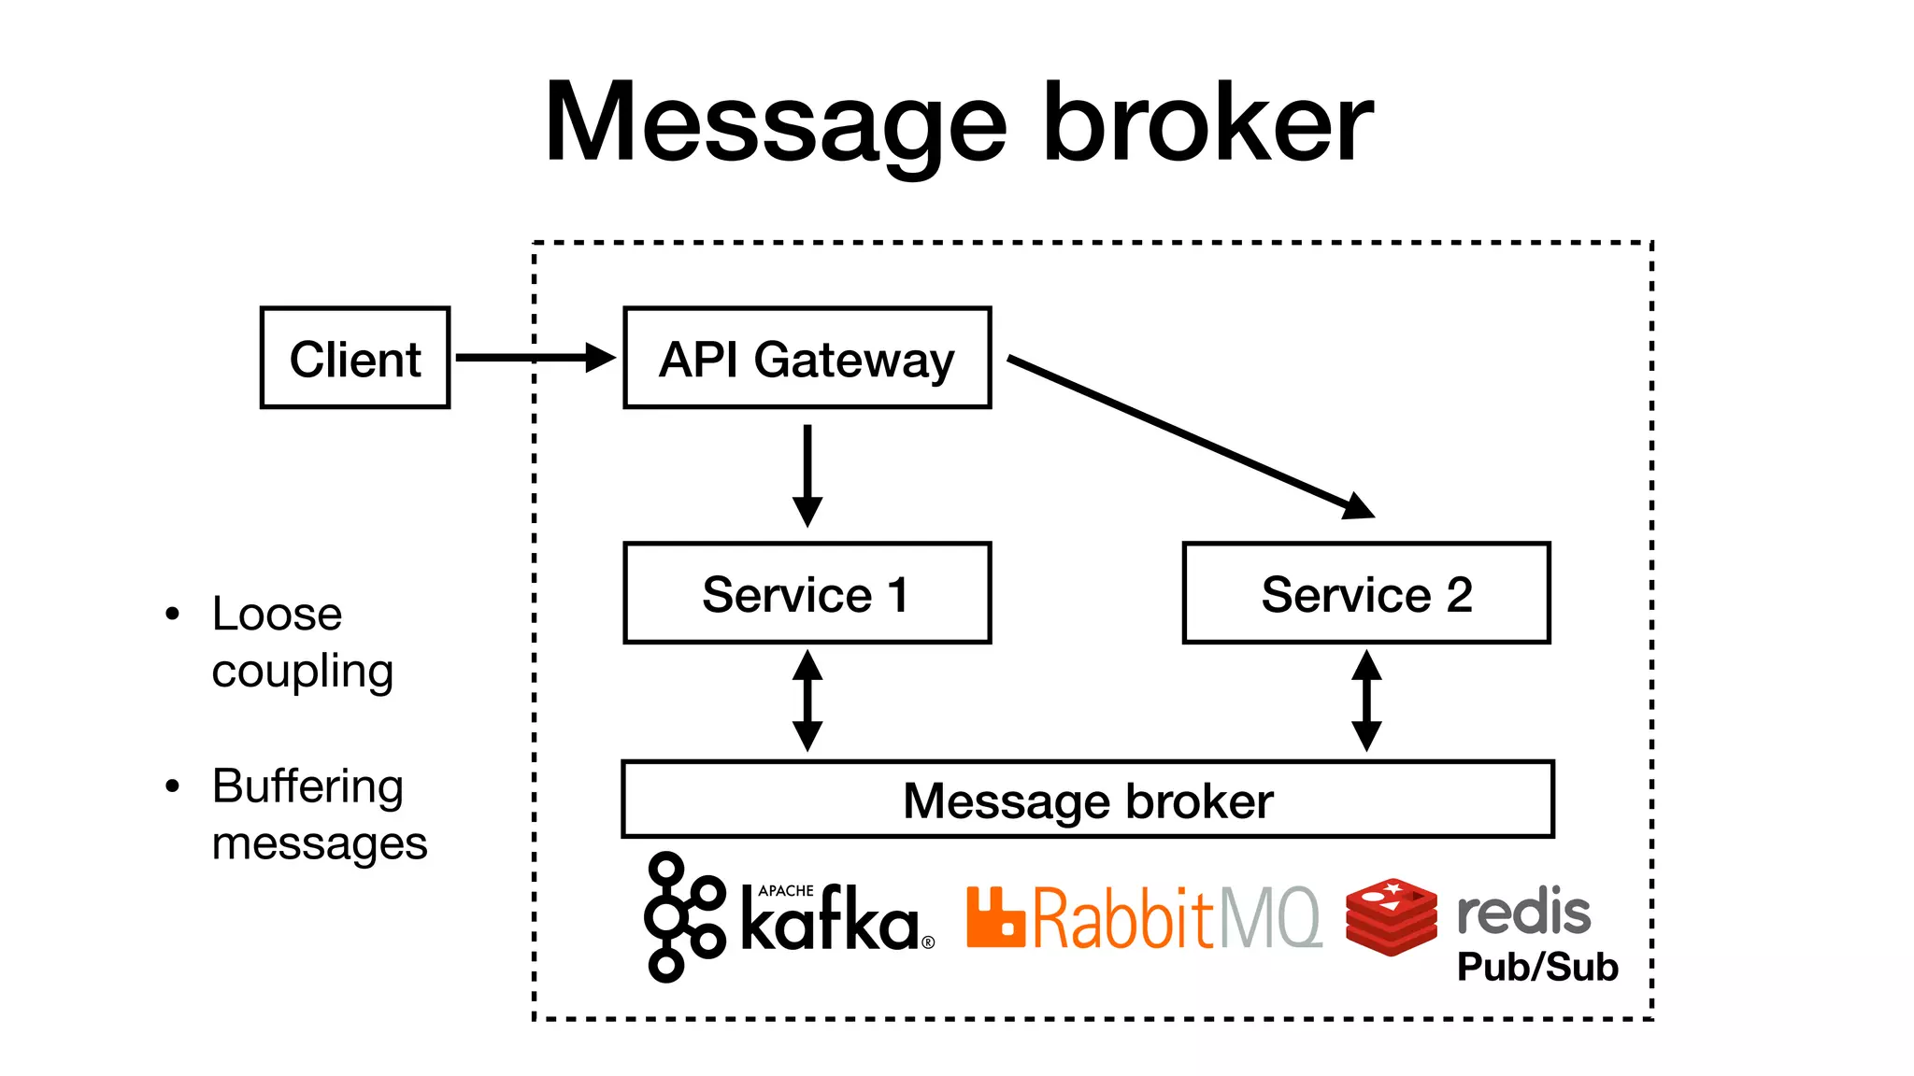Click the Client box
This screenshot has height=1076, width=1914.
point(355,358)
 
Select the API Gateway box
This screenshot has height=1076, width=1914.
point(807,358)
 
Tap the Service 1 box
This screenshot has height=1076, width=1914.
point(807,593)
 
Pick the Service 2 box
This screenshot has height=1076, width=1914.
point(1366,593)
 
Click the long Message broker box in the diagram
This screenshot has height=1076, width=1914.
point(1087,800)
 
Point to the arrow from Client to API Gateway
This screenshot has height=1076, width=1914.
point(533,358)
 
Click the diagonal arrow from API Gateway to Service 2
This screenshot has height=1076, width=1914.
point(1187,435)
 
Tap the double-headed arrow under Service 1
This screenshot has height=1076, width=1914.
point(807,701)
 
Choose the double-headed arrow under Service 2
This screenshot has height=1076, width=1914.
point(1366,701)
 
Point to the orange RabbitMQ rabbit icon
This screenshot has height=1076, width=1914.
point(995,917)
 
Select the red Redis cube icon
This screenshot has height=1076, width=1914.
point(1391,917)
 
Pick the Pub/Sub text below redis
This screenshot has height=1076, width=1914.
point(1537,967)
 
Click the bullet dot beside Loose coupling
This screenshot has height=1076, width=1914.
point(172,614)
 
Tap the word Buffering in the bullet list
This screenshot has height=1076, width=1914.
point(307,786)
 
